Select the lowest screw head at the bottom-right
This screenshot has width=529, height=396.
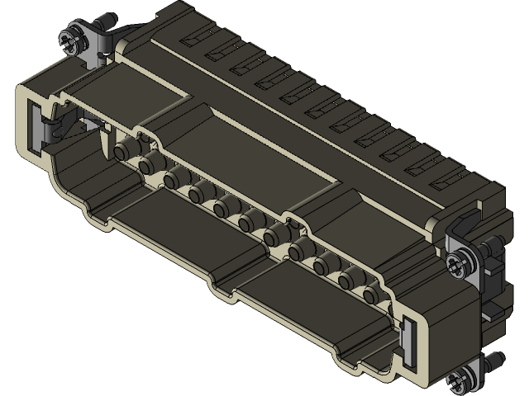(457, 381)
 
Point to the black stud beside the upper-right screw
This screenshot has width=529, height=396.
(493, 245)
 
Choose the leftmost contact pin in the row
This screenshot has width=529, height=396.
(125, 149)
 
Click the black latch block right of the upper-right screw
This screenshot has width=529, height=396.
(496, 272)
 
